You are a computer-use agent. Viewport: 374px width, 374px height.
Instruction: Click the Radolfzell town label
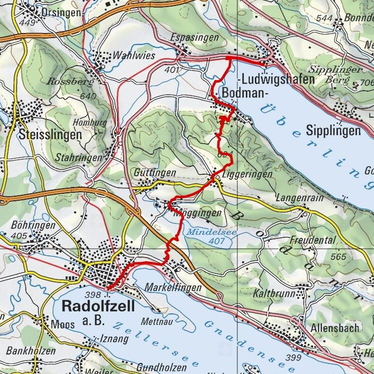pos(98,306)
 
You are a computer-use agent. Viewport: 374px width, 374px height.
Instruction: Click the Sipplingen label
pos(334,132)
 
